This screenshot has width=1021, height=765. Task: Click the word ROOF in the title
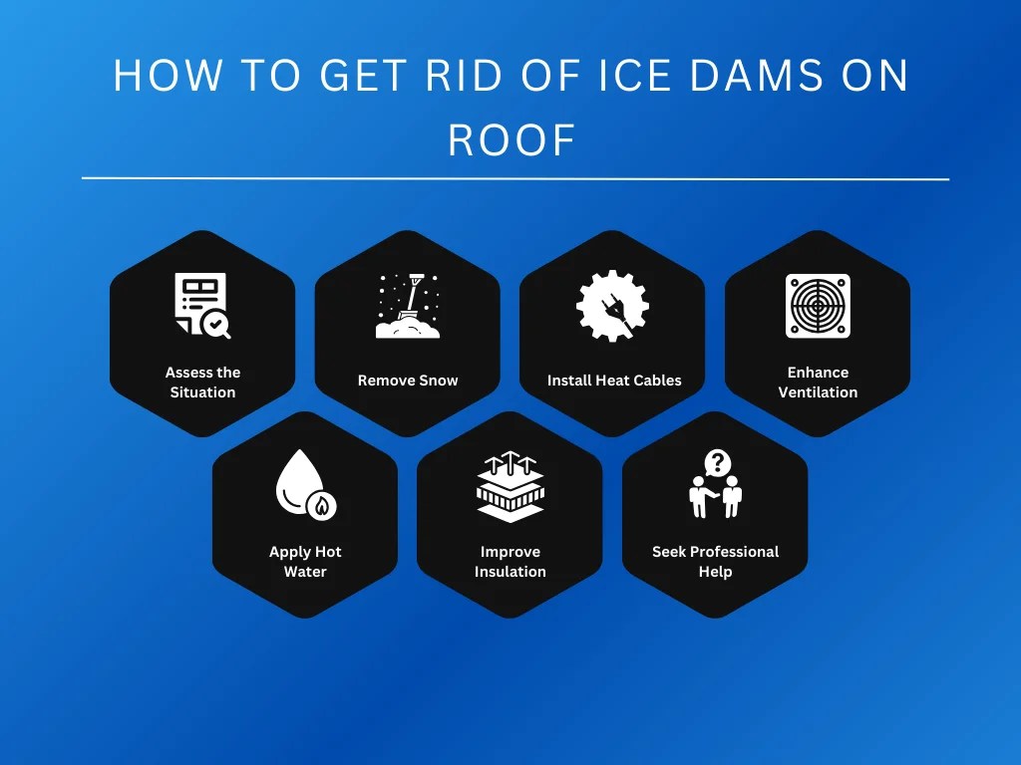511,140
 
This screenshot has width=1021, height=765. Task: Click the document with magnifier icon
202,306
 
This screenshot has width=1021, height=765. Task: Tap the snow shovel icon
407,306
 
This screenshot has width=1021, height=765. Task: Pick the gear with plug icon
612,306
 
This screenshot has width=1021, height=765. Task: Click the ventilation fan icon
818,306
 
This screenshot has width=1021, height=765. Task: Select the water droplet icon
304,485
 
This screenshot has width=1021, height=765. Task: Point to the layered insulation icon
510,487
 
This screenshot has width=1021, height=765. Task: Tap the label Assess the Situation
202,382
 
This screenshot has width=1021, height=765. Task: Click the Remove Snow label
408,381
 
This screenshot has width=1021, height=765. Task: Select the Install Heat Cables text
614,381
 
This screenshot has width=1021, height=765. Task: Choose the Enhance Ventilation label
818,382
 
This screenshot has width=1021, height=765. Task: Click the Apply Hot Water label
305,562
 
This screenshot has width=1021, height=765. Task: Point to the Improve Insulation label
510,562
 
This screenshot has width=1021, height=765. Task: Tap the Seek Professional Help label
715,562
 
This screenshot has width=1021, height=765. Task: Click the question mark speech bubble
717,462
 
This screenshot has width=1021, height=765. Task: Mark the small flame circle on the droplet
321,506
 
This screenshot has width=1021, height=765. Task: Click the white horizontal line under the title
514,179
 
